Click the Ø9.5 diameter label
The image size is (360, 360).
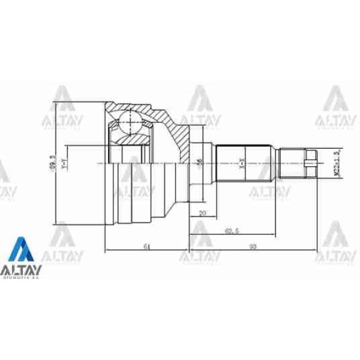tap(55, 163)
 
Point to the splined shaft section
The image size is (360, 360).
tap(247, 163)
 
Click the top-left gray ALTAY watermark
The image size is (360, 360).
tap(62, 108)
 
